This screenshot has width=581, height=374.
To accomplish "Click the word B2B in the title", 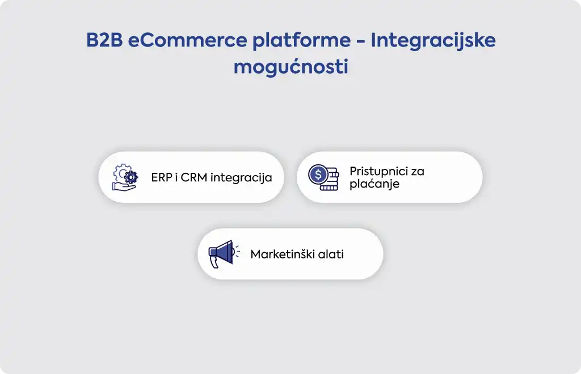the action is [x=104, y=40].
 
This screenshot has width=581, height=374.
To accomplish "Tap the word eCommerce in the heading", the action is [x=187, y=40].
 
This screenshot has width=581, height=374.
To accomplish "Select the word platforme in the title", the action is [x=302, y=41].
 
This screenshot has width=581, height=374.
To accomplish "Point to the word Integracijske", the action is [x=433, y=41].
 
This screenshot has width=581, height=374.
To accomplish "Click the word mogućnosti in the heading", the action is [x=291, y=67].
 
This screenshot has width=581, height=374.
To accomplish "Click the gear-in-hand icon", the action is [x=125, y=177].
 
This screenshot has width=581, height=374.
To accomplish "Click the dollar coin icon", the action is [x=323, y=177].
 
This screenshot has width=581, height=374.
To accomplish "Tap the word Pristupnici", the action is [x=376, y=172].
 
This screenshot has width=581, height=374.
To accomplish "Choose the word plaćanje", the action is [x=374, y=184].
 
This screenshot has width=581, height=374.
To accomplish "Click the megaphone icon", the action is [x=224, y=254].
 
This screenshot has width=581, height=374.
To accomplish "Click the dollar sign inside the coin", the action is [x=318, y=174].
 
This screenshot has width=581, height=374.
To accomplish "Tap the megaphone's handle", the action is [x=214, y=262].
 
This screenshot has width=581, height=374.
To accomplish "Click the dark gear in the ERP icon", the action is [x=131, y=177].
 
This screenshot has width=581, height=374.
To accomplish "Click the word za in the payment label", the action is [x=418, y=172].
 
